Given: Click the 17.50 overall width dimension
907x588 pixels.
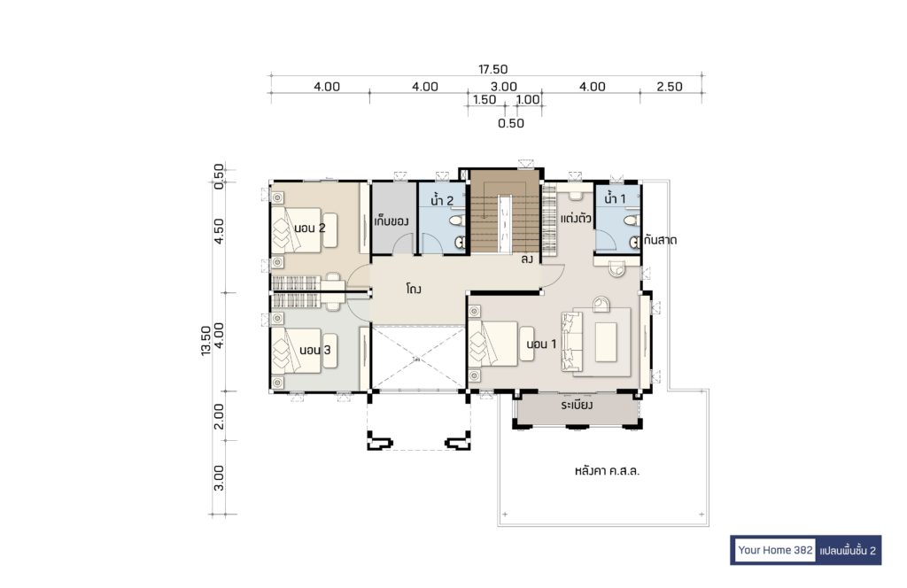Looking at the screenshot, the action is (492, 69).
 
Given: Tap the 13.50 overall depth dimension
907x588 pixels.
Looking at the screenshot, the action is (205, 341).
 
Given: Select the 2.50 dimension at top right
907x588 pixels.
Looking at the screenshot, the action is (670, 87).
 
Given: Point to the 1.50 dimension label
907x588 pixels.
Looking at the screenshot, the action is (485, 99).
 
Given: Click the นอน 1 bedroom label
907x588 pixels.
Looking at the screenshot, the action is (541, 344).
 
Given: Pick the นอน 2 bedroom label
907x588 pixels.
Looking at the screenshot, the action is (309, 228).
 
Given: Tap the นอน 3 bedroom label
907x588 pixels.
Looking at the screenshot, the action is (314, 350).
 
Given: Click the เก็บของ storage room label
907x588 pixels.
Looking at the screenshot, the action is (391, 221).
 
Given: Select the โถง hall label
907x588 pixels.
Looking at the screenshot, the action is (413, 289).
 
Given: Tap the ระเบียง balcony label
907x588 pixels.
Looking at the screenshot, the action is (577, 406).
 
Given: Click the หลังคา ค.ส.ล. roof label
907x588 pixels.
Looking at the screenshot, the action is (607, 470).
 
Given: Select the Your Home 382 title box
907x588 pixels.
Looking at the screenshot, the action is (775, 550).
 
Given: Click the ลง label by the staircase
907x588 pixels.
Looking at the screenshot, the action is (526, 259).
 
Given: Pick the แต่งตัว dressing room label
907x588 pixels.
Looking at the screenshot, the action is (576, 219).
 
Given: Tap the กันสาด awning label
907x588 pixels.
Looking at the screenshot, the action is (660, 239).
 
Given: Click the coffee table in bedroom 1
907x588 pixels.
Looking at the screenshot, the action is (606, 343).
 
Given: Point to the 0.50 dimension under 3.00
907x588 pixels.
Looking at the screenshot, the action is (511, 123).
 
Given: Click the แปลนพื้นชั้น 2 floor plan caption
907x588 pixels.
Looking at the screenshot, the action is (848, 550).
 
